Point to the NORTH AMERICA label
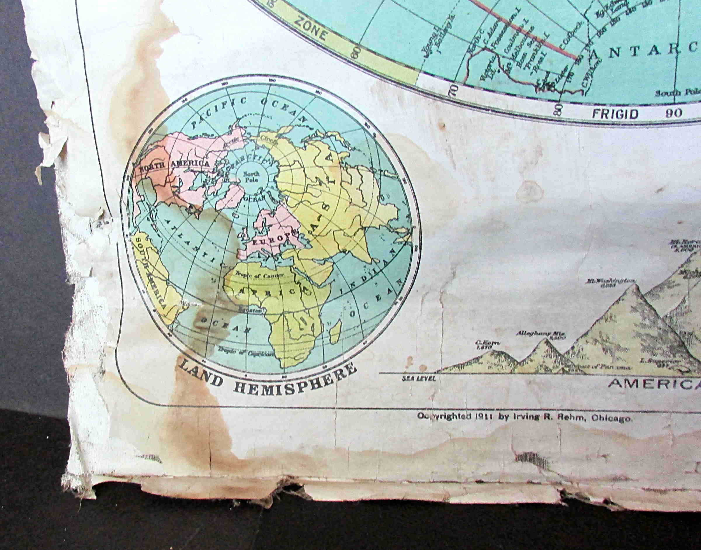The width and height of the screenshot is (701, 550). [x=174, y=165]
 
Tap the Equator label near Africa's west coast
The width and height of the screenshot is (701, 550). [x=251, y=311]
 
